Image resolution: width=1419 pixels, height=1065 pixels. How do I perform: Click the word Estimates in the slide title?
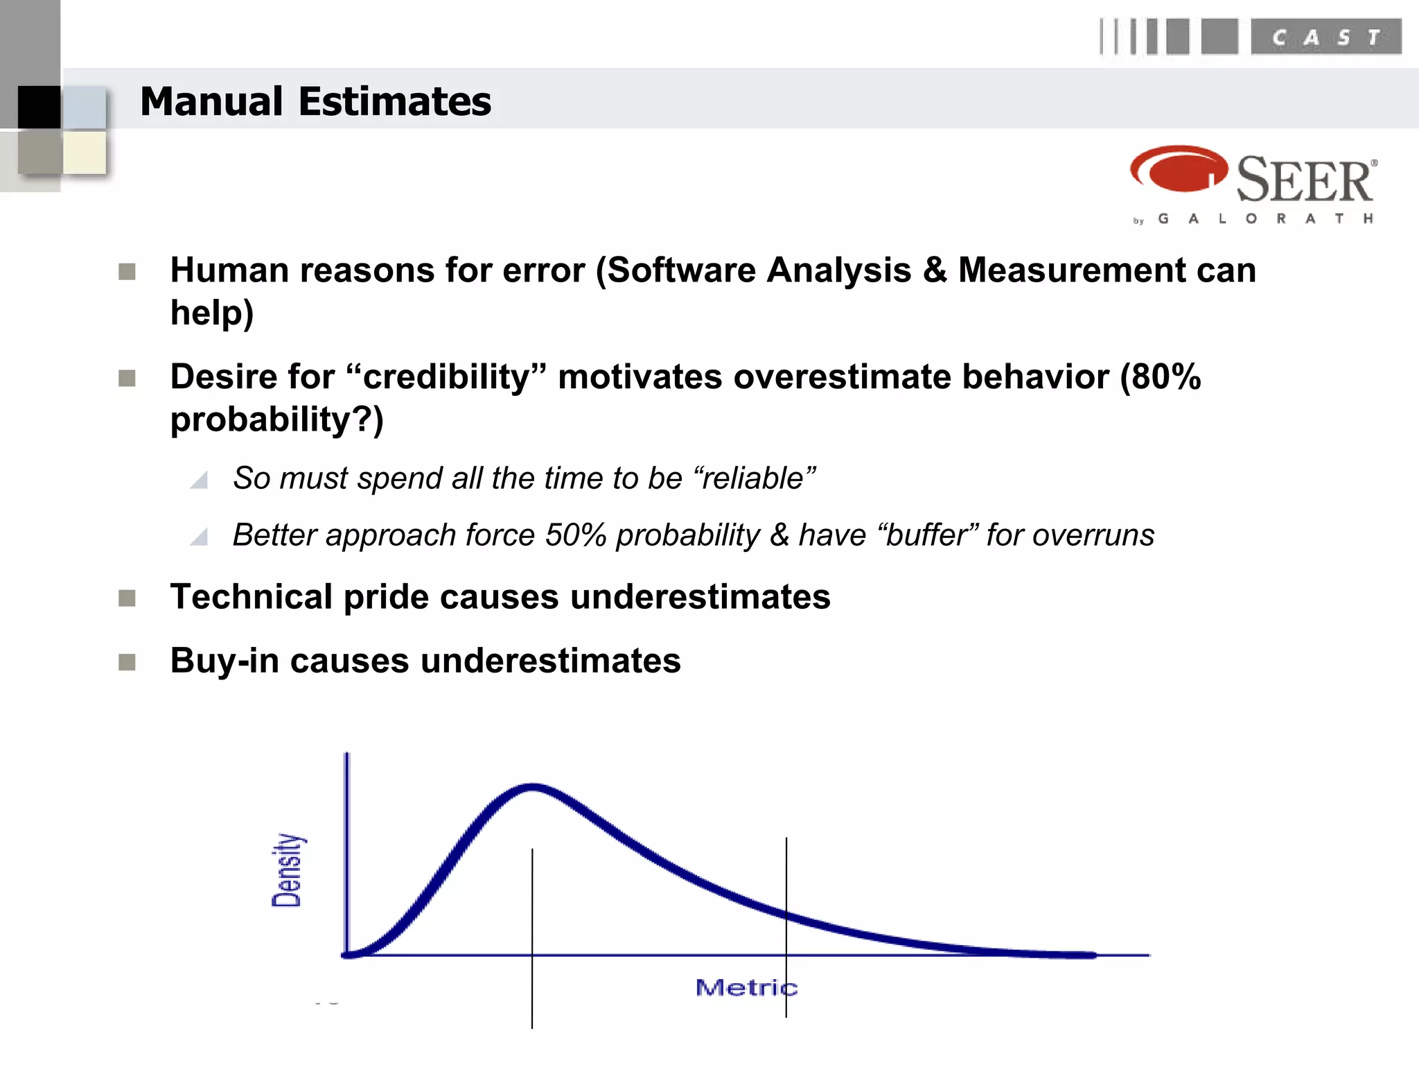[x=395, y=102]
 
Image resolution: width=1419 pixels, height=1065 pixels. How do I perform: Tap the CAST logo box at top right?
[x=1325, y=37]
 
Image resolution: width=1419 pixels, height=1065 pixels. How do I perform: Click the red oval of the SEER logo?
[x=1179, y=168]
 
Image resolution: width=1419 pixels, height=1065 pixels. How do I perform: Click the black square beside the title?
[x=39, y=107]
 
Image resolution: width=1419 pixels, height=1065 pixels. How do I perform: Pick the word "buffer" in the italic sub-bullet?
[x=928, y=535]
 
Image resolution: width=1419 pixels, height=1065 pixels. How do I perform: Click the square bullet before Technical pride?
[x=127, y=598]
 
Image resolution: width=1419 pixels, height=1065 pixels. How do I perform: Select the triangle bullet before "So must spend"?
[x=200, y=480]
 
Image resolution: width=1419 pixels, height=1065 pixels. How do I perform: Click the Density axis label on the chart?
[x=287, y=870]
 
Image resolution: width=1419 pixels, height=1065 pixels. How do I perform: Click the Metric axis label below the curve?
[x=746, y=987]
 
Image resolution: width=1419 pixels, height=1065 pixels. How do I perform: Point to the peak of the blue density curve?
[x=532, y=787]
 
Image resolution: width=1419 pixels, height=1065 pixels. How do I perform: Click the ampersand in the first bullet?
[x=934, y=270]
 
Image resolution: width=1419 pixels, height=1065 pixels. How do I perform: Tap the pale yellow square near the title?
[x=85, y=152]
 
